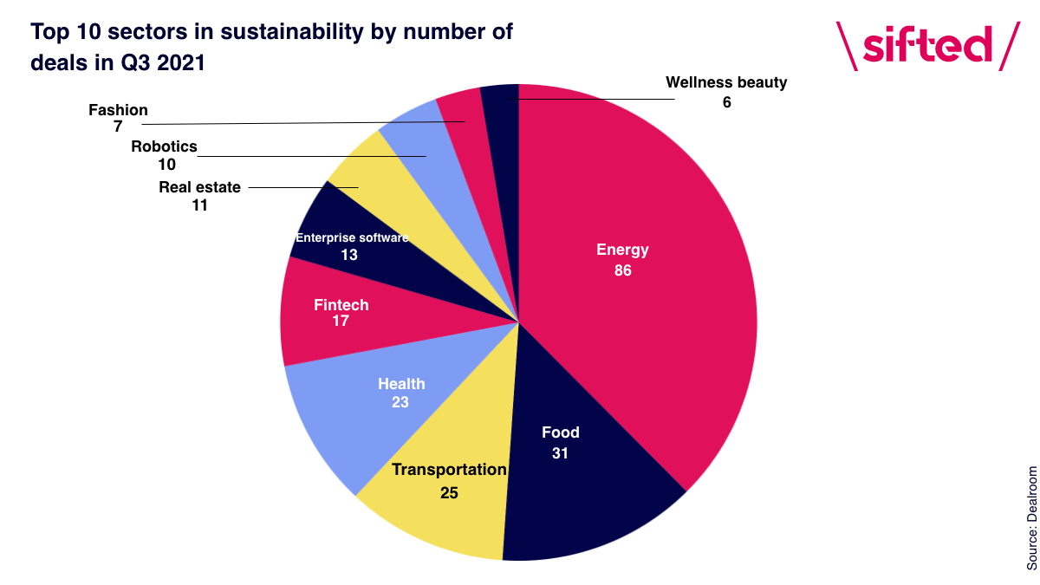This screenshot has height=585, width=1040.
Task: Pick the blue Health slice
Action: pos(386,400)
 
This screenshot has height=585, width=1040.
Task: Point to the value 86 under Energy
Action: pos(622,270)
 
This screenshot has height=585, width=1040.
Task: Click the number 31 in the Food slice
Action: pos(560,453)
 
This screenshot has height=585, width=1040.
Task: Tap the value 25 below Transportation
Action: pos(449,492)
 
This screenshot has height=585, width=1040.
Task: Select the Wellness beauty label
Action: pos(726,82)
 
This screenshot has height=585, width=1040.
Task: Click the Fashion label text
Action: pos(118,110)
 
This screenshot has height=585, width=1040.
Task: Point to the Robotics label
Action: pos(164,146)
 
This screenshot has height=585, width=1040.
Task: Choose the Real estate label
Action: pos(199,187)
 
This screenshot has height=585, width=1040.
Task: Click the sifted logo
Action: pos(928,46)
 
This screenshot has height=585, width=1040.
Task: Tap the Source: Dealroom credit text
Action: pos(1031,518)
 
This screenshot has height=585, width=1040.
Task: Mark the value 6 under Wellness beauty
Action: pos(726,102)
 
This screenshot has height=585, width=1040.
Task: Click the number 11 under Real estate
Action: pos(199,205)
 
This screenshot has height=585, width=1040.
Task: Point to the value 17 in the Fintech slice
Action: pos(341,321)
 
